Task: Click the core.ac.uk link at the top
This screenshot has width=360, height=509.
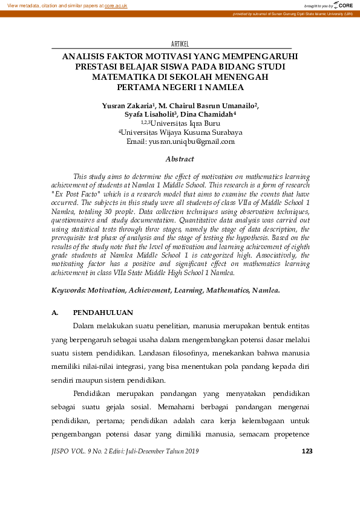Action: [116, 5]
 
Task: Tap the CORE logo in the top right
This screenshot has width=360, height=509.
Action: [342, 5]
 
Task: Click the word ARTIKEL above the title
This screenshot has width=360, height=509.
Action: [180, 44]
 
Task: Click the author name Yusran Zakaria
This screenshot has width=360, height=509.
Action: [128, 105]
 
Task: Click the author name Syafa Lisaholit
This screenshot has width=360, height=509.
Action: [149, 114]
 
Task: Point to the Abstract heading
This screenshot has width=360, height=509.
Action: [180, 159]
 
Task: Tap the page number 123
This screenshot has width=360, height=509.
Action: [307, 451]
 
